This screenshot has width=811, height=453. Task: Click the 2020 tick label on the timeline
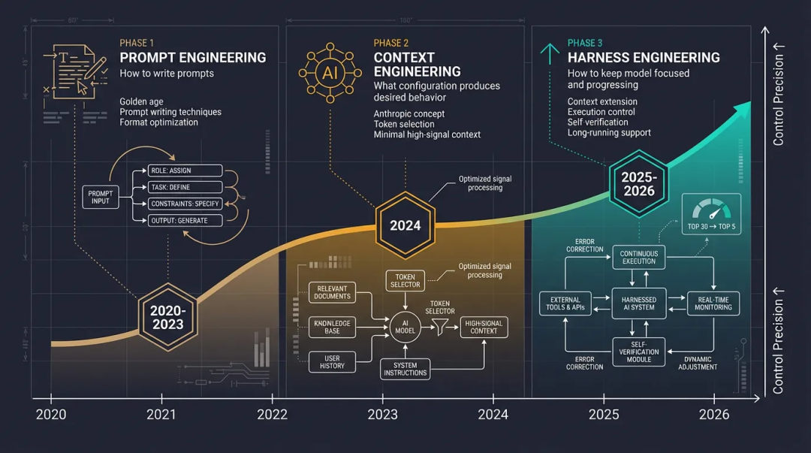point(51,415)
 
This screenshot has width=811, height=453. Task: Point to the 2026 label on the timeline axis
point(713,415)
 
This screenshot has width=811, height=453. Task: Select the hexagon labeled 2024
point(405,225)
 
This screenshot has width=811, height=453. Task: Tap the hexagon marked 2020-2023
point(167,316)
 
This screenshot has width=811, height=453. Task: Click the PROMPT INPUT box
point(101,197)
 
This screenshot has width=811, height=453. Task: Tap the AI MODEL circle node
point(405,327)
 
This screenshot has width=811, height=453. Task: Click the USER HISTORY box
point(332,362)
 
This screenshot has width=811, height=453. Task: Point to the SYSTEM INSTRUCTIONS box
point(405,368)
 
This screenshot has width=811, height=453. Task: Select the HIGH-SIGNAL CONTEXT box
point(484,327)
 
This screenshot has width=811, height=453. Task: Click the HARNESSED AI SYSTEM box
point(638,304)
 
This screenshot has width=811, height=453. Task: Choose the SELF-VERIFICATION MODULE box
point(638,351)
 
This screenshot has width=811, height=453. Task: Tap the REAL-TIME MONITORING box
point(713,304)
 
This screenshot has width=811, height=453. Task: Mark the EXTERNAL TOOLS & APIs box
point(565,304)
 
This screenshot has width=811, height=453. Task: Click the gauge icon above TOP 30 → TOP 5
point(710,208)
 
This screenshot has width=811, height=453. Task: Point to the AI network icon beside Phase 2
point(330,72)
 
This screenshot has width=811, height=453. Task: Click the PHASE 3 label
point(585,43)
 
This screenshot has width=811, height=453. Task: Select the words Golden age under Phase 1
point(141,101)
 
